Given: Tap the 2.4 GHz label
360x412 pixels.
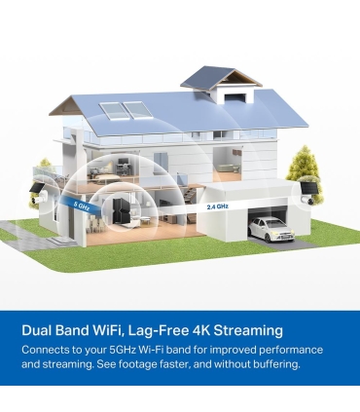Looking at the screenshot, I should point(218,206).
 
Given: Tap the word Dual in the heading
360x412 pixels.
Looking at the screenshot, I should point(41,330).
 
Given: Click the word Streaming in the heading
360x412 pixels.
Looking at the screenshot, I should point(243,330).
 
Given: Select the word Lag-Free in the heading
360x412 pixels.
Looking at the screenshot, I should point(151,330).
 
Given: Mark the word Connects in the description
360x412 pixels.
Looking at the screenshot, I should point(50,349).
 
